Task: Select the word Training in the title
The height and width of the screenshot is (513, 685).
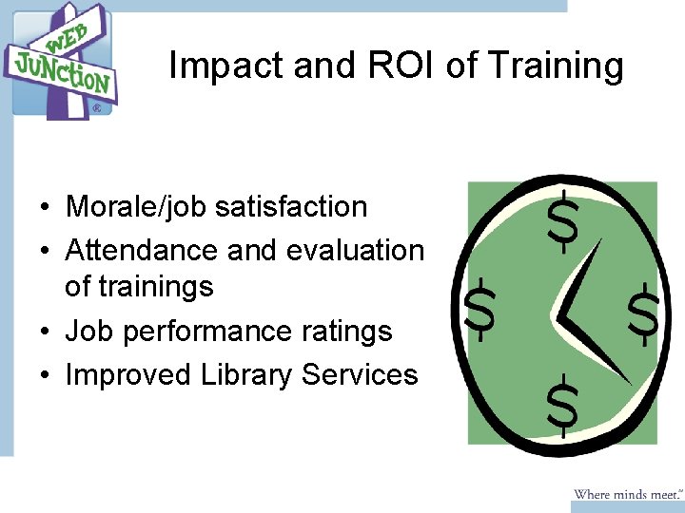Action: [x=556, y=66]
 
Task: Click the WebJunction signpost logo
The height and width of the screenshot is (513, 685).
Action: [x=61, y=62]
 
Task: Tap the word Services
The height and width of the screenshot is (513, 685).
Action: [x=360, y=374]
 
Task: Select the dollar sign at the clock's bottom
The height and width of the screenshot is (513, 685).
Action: [x=562, y=406]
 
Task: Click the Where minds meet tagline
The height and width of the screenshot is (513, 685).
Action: [x=628, y=494]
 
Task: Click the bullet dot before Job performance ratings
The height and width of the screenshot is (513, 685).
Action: [x=45, y=332]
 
